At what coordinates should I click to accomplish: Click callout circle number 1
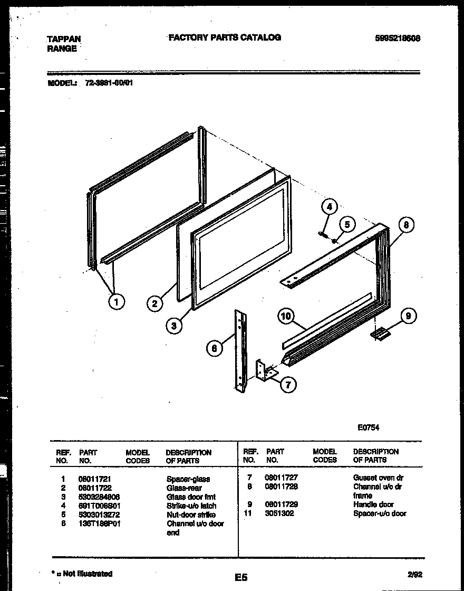[116, 302]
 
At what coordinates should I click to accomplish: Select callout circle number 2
[154, 303]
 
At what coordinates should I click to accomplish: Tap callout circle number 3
[173, 326]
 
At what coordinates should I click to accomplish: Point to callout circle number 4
[329, 207]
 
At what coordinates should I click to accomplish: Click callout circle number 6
[214, 348]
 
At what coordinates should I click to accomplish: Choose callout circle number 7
[287, 385]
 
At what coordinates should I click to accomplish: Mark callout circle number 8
[405, 225]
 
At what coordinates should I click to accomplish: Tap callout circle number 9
[408, 316]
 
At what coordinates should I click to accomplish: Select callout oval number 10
[286, 317]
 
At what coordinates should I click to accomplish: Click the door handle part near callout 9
[379, 333]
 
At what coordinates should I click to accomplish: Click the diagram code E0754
[368, 428]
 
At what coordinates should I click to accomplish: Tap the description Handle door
[373, 504]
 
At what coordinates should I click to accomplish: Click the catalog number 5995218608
[398, 38]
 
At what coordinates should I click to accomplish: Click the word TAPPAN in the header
[64, 39]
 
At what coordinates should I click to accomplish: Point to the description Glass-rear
[184, 488]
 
